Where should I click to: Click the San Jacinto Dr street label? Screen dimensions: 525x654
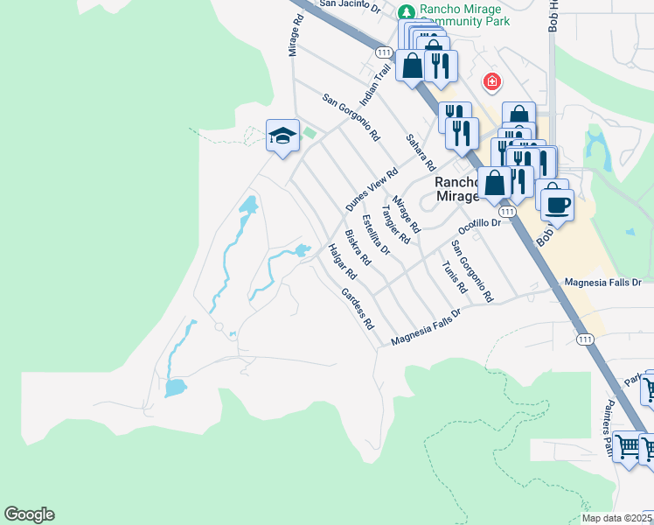click(x=351, y=5)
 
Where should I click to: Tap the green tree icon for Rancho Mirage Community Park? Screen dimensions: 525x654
click(x=406, y=11)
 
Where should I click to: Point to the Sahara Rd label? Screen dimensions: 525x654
click(x=420, y=152)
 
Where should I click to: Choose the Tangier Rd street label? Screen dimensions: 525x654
click(x=396, y=225)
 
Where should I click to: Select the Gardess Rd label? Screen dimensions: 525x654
click(x=358, y=308)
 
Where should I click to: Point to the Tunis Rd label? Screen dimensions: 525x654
click(x=455, y=276)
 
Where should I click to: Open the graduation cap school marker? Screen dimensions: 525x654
click(x=282, y=136)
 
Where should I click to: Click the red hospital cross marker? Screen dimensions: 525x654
click(x=492, y=82)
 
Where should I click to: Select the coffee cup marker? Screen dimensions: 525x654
click(x=557, y=206)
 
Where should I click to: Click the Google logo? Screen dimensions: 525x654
click(x=29, y=514)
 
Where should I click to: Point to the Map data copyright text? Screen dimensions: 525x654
click(x=617, y=518)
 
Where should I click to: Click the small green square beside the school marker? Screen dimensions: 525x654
click(x=309, y=133)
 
